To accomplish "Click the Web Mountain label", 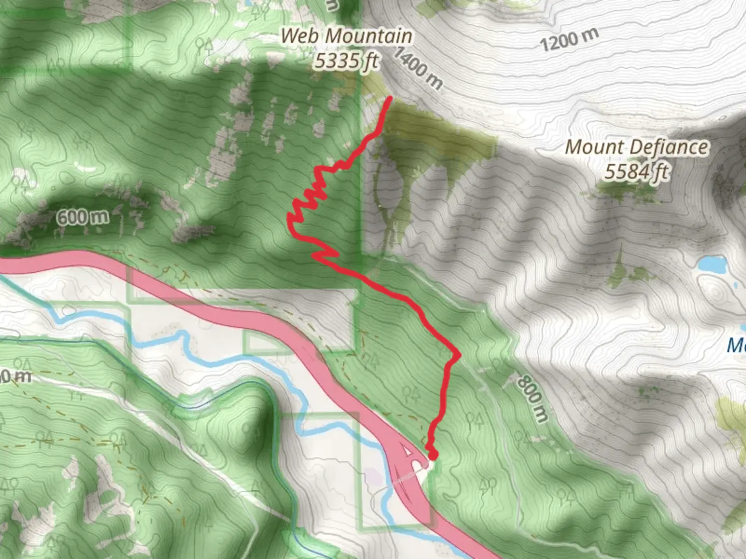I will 346,36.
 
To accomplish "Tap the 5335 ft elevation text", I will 346,61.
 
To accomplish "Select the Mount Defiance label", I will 636,147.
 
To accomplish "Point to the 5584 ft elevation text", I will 636,171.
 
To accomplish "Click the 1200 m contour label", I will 569,39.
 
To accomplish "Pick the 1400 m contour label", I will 419,67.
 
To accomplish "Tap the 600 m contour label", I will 83,216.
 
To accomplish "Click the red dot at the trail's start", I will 433,455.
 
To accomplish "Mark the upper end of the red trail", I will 389,98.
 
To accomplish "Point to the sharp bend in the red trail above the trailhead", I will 458,355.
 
